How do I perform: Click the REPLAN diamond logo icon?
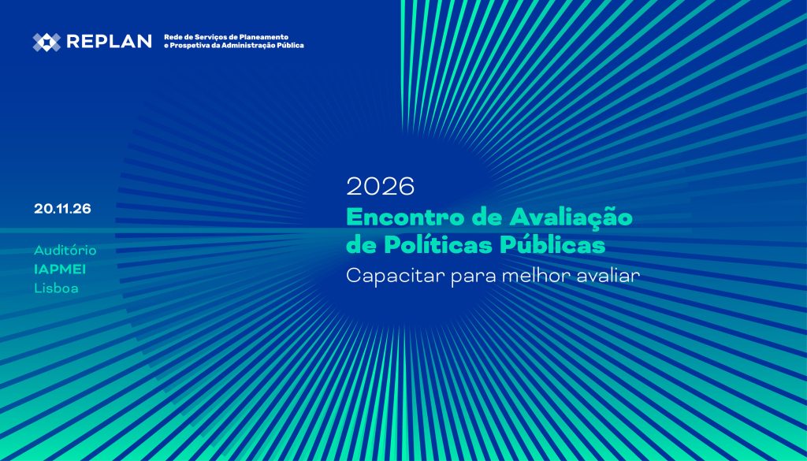[x=46, y=42]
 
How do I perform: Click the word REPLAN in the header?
[x=109, y=42]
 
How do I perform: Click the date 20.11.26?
[x=63, y=209]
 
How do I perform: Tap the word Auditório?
[x=65, y=251]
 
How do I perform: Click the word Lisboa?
[x=57, y=288]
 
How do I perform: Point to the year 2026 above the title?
[x=381, y=186]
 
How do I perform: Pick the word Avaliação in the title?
[x=571, y=217]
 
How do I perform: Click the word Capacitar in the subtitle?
[x=396, y=276]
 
